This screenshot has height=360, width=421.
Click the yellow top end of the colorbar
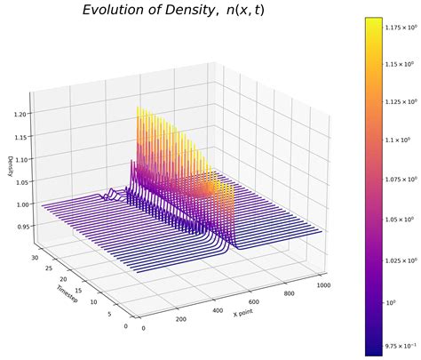pos(373,21)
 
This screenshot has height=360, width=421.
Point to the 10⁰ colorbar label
pos(393,301)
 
